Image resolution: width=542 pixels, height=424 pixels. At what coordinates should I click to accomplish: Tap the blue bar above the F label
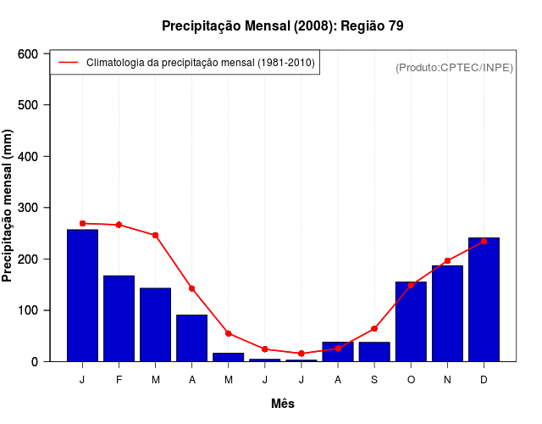(x=119, y=318)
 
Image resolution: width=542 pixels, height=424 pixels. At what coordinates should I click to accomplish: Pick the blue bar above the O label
(x=411, y=321)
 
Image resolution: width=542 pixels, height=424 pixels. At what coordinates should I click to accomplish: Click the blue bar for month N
(x=447, y=313)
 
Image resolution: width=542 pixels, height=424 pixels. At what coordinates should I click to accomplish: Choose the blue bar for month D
(x=484, y=299)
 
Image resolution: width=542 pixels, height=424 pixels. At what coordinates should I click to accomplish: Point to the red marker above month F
(x=119, y=225)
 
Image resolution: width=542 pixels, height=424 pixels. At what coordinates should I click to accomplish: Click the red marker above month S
(x=374, y=328)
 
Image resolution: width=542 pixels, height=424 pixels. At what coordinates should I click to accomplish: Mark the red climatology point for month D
(x=484, y=241)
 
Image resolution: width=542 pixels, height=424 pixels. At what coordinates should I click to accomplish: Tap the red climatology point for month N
(x=447, y=260)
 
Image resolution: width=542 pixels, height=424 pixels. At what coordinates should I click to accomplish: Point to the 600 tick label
(x=28, y=53)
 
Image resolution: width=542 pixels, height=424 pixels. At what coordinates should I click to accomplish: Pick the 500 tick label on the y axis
(x=28, y=105)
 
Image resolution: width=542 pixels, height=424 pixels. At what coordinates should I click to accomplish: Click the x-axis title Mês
(x=283, y=404)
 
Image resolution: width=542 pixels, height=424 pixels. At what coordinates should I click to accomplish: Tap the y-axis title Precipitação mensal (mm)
(x=8, y=206)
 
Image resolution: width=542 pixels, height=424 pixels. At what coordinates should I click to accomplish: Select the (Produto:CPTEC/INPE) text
(x=454, y=67)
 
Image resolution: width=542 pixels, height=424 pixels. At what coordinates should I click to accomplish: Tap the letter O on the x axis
(x=411, y=380)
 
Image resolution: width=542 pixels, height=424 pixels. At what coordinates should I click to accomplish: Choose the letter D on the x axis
(x=484, y=380)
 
